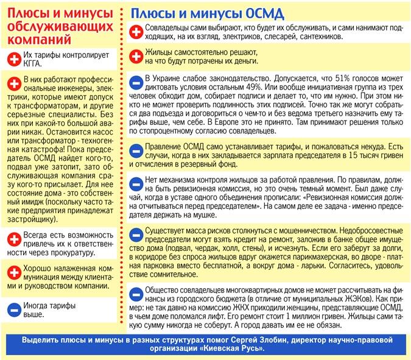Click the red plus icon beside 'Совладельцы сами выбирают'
point(137,31)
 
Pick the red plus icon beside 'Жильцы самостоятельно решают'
point(137,57)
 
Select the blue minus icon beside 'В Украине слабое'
point(137,83)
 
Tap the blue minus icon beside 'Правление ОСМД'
point(137,149)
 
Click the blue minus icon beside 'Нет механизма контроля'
point(137,183)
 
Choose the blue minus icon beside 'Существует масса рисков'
point(137,234)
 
